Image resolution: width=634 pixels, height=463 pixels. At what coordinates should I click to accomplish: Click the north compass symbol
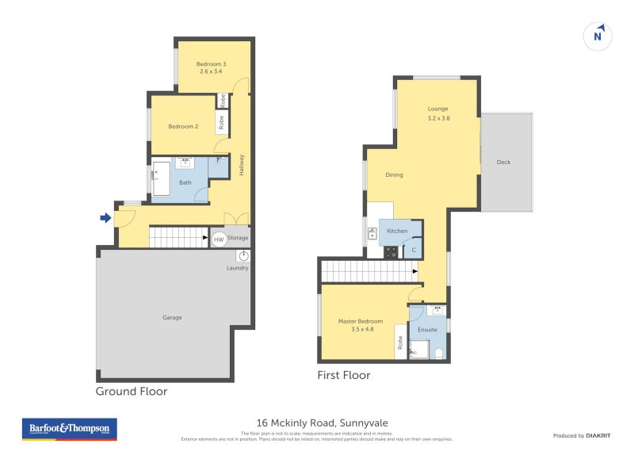[599, 36]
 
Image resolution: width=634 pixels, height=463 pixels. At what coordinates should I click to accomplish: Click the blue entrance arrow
[104, 217]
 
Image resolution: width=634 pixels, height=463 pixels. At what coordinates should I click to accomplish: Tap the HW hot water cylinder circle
[218, 239]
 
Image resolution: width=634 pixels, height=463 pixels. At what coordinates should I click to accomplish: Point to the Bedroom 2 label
[183, 126]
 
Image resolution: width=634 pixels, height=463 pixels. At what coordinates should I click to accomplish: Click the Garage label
[172, 317]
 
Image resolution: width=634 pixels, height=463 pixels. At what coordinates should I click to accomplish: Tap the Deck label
[503, 163]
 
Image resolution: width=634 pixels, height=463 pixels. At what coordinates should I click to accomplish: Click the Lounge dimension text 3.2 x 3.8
[438, 118]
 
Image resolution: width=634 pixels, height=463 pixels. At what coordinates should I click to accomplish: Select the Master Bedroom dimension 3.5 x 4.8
[361, 329]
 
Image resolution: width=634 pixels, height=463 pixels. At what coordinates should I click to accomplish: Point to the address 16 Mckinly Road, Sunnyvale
[322, 423]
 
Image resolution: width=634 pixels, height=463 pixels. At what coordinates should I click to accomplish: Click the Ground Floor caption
[131, 391]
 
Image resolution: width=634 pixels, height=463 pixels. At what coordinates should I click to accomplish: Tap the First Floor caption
[343, 375]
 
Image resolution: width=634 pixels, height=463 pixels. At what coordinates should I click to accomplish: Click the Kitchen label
[397, 231]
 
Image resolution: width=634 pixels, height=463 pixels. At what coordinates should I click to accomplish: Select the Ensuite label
[428, 329]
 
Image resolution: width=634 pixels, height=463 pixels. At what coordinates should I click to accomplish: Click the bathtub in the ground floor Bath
[161, 178]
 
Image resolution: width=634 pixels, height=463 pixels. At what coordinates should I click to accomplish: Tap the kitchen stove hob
[391, 252]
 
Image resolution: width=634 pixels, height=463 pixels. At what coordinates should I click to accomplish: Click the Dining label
[394, 175]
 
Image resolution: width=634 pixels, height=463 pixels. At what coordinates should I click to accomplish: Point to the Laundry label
[237, 268]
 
